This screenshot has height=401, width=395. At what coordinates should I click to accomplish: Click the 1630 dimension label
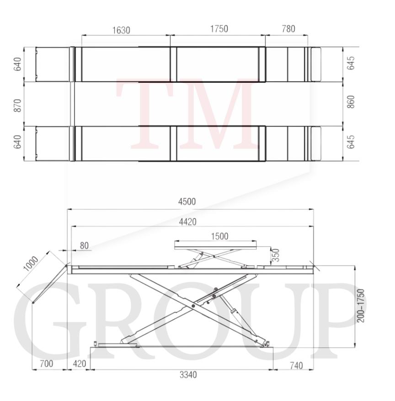tap(121, 30)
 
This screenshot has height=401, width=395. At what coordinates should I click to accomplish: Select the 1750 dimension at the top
tap(219, 29)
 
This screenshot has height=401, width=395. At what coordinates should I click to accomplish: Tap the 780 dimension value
tap(288, 29)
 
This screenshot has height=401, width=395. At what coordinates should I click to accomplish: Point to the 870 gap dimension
tap(17, 105)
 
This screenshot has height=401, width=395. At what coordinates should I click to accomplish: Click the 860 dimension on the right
tap(351, 102)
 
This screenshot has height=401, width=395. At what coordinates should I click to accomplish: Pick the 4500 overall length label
tap(187, 202)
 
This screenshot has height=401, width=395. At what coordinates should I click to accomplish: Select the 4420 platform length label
tap(187, 222)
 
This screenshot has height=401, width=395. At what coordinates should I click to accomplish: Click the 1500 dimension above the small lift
tap(219, 236)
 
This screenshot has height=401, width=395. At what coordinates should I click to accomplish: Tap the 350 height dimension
tap(276, 255)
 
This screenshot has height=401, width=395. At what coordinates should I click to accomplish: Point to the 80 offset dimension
tap(84, 246)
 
